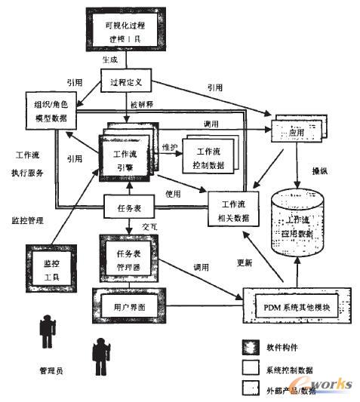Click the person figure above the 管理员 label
tap(47, 331)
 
